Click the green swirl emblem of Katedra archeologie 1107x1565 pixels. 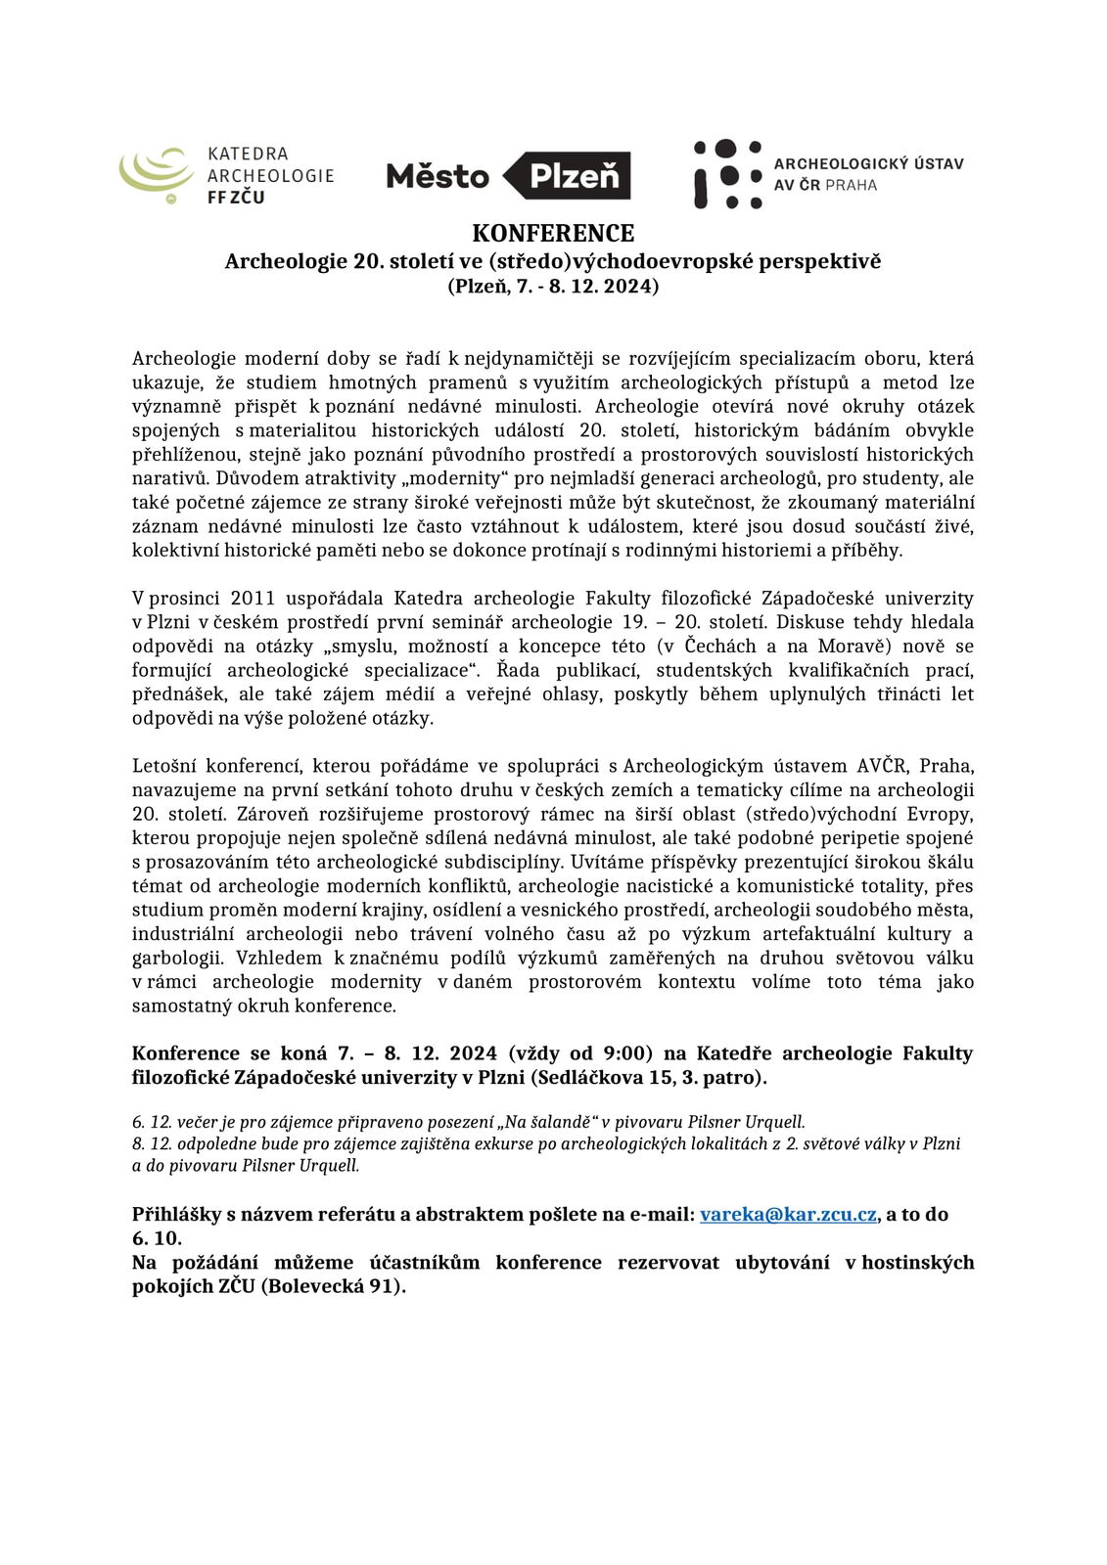pyautogui.click(x=157, y=174)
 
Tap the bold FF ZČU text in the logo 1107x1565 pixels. pyautogui.click(x=236, y=198)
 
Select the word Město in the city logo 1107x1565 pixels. pyautogui.click(x=438, y=176)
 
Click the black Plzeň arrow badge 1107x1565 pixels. pyautogui.click(x=568, y=176)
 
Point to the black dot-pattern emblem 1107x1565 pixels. pyautogui.click(x=727, y=174)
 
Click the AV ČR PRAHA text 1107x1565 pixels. pyautogui.click(x=825, y=186)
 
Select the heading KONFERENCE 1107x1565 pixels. pyautogui.click(x=553, y=234)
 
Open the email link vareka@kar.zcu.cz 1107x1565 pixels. pyautogui.click(x=788, y=1215)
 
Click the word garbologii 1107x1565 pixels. pyautogui.click(x=176, y=959)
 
